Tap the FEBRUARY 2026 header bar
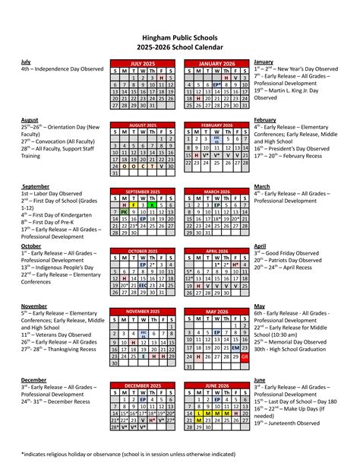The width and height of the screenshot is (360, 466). (216, 124)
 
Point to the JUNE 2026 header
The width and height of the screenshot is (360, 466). (216, 386)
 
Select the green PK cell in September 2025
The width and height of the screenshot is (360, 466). (125, 212)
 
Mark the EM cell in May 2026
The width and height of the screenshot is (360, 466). (235, 347)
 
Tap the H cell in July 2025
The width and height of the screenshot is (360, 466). (162, 78)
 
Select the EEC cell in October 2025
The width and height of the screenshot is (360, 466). (144, 286)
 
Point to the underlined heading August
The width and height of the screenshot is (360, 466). (30, 120)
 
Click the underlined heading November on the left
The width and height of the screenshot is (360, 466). (34, 306)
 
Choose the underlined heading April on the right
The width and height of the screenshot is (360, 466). (261, 246)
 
